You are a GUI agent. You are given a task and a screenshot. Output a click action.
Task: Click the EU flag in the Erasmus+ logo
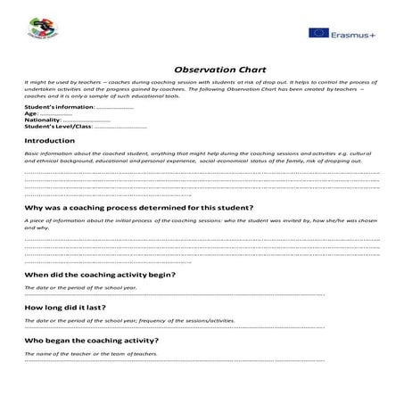(318, 33)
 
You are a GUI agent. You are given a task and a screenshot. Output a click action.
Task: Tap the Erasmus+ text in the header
(353, 33)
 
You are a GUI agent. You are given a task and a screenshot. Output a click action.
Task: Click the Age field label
(31, 113)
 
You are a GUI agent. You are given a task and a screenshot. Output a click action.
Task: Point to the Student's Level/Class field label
(58, 126)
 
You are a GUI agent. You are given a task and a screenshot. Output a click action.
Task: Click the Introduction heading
(50, 141)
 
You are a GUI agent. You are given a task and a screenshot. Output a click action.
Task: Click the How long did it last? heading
(78, 308)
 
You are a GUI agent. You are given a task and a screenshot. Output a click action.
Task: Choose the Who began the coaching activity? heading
(91, 341)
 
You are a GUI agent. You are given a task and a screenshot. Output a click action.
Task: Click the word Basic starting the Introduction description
(32, 153)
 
